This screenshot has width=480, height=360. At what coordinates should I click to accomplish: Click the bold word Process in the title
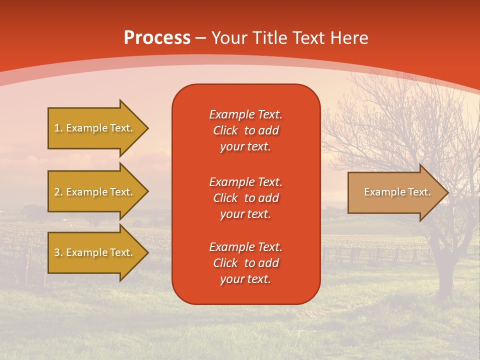click(157, 38)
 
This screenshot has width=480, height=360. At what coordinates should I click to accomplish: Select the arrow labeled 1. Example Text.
click(94, 128)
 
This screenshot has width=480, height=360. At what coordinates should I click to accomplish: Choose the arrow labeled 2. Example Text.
click(94, 192)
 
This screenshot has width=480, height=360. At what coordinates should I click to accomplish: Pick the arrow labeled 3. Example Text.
click(94, 252)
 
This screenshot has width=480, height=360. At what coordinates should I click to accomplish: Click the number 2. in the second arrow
click(58, 192)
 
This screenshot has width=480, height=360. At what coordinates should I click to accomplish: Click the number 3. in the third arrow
click(58, 252)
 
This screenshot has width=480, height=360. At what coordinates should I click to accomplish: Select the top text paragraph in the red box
click(245, 130)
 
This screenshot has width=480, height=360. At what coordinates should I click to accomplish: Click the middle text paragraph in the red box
click(245, 198)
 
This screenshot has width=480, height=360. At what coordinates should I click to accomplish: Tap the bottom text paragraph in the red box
click(245, 263)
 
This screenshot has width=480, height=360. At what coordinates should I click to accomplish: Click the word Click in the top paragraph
click(225, 130)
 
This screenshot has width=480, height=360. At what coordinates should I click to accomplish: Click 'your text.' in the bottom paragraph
click(245, 279)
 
